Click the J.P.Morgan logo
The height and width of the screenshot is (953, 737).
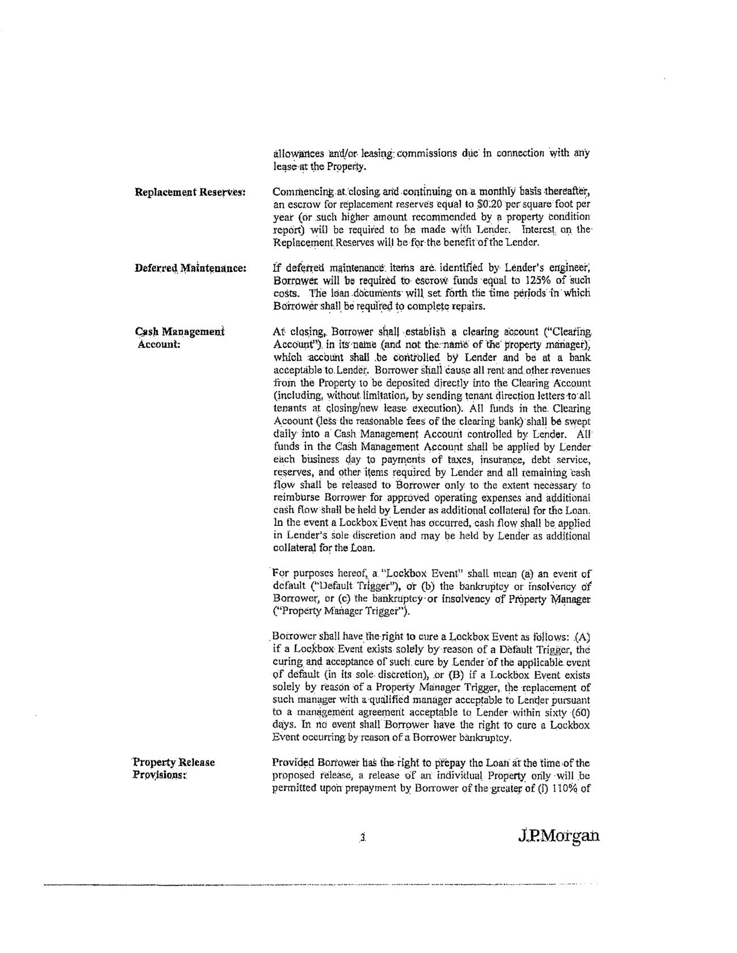click(x=558, y=836)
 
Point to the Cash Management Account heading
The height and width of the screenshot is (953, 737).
click(x=180, y=338)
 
